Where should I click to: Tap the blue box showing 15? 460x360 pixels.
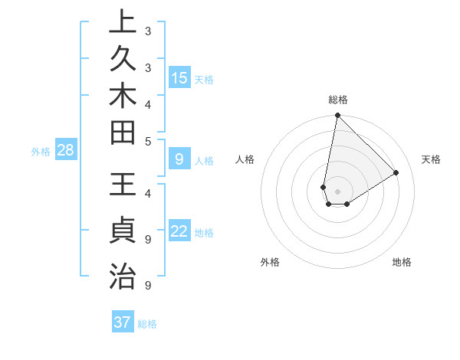(179, 78)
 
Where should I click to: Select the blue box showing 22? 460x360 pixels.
(179, 232)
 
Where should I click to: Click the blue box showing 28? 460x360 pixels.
(66, 151)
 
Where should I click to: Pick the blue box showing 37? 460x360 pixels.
(123, 322)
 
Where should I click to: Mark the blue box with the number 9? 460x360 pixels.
(179, 159)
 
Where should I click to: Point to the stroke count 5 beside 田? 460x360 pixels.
(148, 141)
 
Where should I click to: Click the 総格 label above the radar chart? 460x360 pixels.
(338, 100)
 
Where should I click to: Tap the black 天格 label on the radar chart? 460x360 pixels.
(432, 159)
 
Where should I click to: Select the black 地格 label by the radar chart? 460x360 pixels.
(402, 262)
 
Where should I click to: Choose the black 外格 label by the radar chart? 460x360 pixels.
(270, 262)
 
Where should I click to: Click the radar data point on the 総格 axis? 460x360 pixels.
(337, 116)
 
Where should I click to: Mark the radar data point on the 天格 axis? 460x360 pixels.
(396, 172)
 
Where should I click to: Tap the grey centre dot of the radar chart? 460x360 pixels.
(337, 191)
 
